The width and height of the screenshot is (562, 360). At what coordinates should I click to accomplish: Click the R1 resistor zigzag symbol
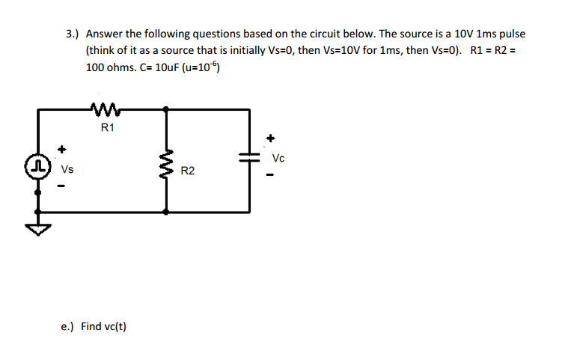point(103,109)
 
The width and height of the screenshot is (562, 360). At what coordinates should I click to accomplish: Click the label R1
point(107,128)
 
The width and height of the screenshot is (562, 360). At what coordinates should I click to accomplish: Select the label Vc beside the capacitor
point(278,158)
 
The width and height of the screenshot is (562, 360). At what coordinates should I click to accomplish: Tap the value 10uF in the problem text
point(159,68)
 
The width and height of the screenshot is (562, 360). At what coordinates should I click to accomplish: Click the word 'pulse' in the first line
point(510,34)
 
